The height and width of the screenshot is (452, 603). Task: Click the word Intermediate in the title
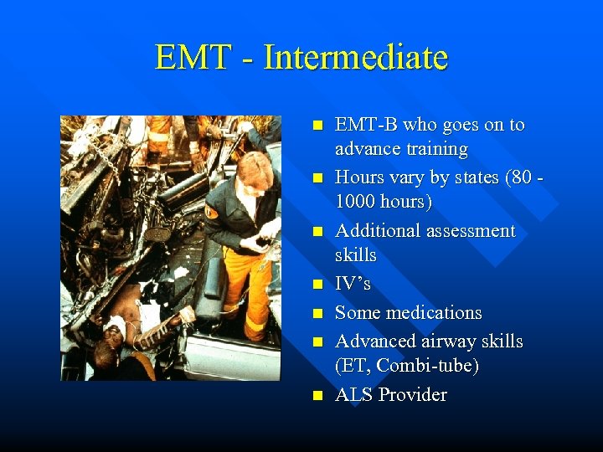355,58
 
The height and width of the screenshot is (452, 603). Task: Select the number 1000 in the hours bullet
358,202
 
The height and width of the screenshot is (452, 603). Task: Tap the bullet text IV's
352,284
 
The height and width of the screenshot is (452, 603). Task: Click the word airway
451,342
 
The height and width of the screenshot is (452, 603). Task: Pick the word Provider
415,394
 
